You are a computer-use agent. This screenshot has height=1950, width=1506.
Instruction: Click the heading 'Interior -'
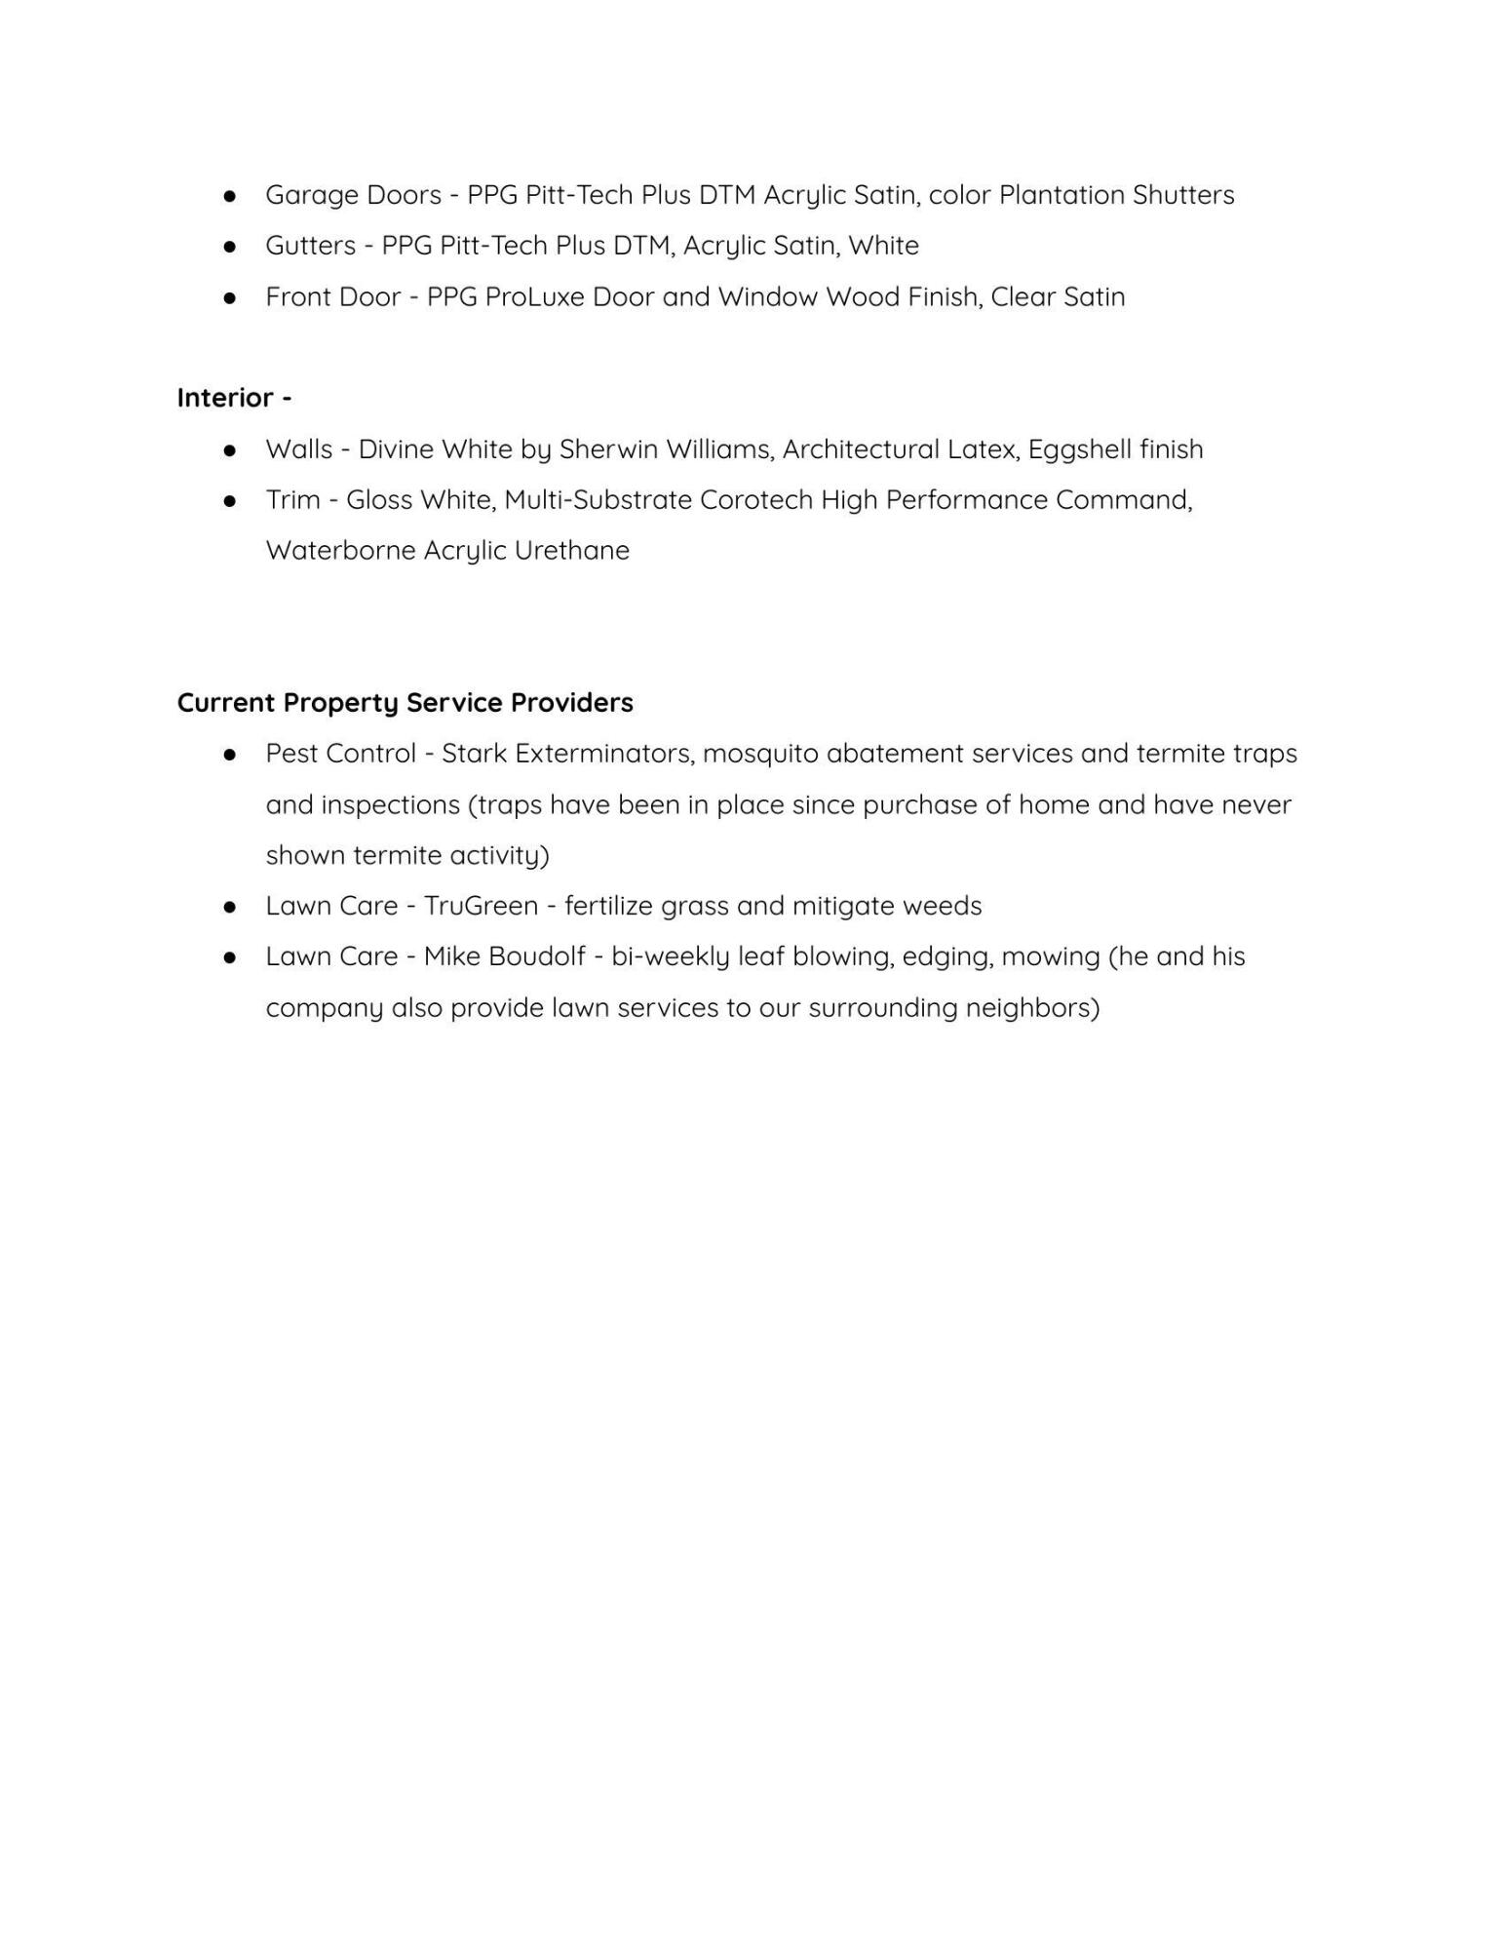[x=234, y=398]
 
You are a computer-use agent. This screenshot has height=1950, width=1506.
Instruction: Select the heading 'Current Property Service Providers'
[x=405, y=703]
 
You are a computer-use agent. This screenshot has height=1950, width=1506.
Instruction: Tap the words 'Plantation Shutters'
[x=1116, y=195]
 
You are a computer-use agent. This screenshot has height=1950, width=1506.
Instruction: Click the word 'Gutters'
[x=310, y=246]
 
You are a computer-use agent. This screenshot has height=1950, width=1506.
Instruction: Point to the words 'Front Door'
[x=332, y=297]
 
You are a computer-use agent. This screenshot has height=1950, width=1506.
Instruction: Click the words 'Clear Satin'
[x=1058, y=297]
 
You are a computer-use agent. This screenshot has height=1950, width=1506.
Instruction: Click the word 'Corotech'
[x=755, y=500]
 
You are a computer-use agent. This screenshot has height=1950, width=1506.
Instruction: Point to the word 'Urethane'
[x=571, y=551]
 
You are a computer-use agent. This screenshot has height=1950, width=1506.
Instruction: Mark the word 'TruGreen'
[x=481, y=906]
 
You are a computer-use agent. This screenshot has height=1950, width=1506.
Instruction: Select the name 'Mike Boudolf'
[x=504, y=956]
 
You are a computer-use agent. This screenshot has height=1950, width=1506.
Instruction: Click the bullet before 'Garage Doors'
[x=230, y=196]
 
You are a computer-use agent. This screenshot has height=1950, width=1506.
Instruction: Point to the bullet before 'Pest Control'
[x=230, y=755]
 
